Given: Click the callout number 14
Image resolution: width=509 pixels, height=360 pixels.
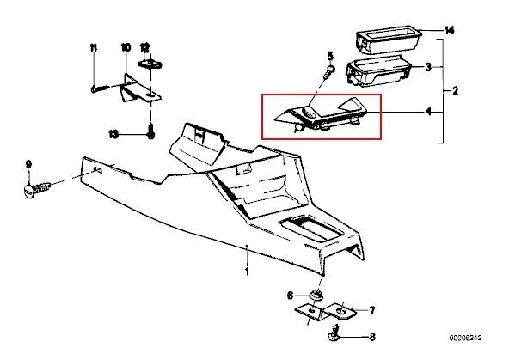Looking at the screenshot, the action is tap(450, 31).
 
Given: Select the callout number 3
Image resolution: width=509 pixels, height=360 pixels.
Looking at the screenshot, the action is tap(428, 67).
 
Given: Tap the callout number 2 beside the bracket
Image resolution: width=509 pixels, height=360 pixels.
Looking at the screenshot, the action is tap(455, 91).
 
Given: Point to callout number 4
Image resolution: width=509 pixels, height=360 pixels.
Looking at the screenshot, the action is tap(428, 112).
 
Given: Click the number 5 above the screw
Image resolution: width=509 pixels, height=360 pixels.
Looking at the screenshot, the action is tap(330, 56).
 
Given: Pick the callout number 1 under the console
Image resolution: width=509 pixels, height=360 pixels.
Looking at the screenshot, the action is tap(247, 271).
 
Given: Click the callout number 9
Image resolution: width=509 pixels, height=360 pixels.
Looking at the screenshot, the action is tap(28, 164).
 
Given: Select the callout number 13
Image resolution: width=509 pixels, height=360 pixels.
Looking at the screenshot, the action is tap(113, 134).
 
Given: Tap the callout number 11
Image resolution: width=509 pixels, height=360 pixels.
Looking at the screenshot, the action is tap(94, 48).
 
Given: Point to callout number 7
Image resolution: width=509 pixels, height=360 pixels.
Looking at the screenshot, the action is tap(372, 311).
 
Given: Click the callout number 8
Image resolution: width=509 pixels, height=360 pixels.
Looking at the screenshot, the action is tap(372, 337).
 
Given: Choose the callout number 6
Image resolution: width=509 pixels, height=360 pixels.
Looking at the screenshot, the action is tap(290, 296).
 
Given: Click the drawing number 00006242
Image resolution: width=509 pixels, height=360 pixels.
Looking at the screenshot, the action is tap(465, 338).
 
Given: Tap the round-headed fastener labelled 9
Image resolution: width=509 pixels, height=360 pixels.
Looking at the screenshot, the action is tap(36, 190).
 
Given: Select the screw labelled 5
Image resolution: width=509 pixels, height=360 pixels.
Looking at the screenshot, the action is tap(328, 73).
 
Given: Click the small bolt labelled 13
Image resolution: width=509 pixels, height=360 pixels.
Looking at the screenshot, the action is tap(150, 131).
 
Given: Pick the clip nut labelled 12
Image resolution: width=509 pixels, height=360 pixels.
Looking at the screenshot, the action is tap(150, 64).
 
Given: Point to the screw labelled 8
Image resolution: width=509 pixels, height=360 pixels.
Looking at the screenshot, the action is tap(334, 335).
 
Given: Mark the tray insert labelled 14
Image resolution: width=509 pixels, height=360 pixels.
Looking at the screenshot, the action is tap(389, 40).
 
